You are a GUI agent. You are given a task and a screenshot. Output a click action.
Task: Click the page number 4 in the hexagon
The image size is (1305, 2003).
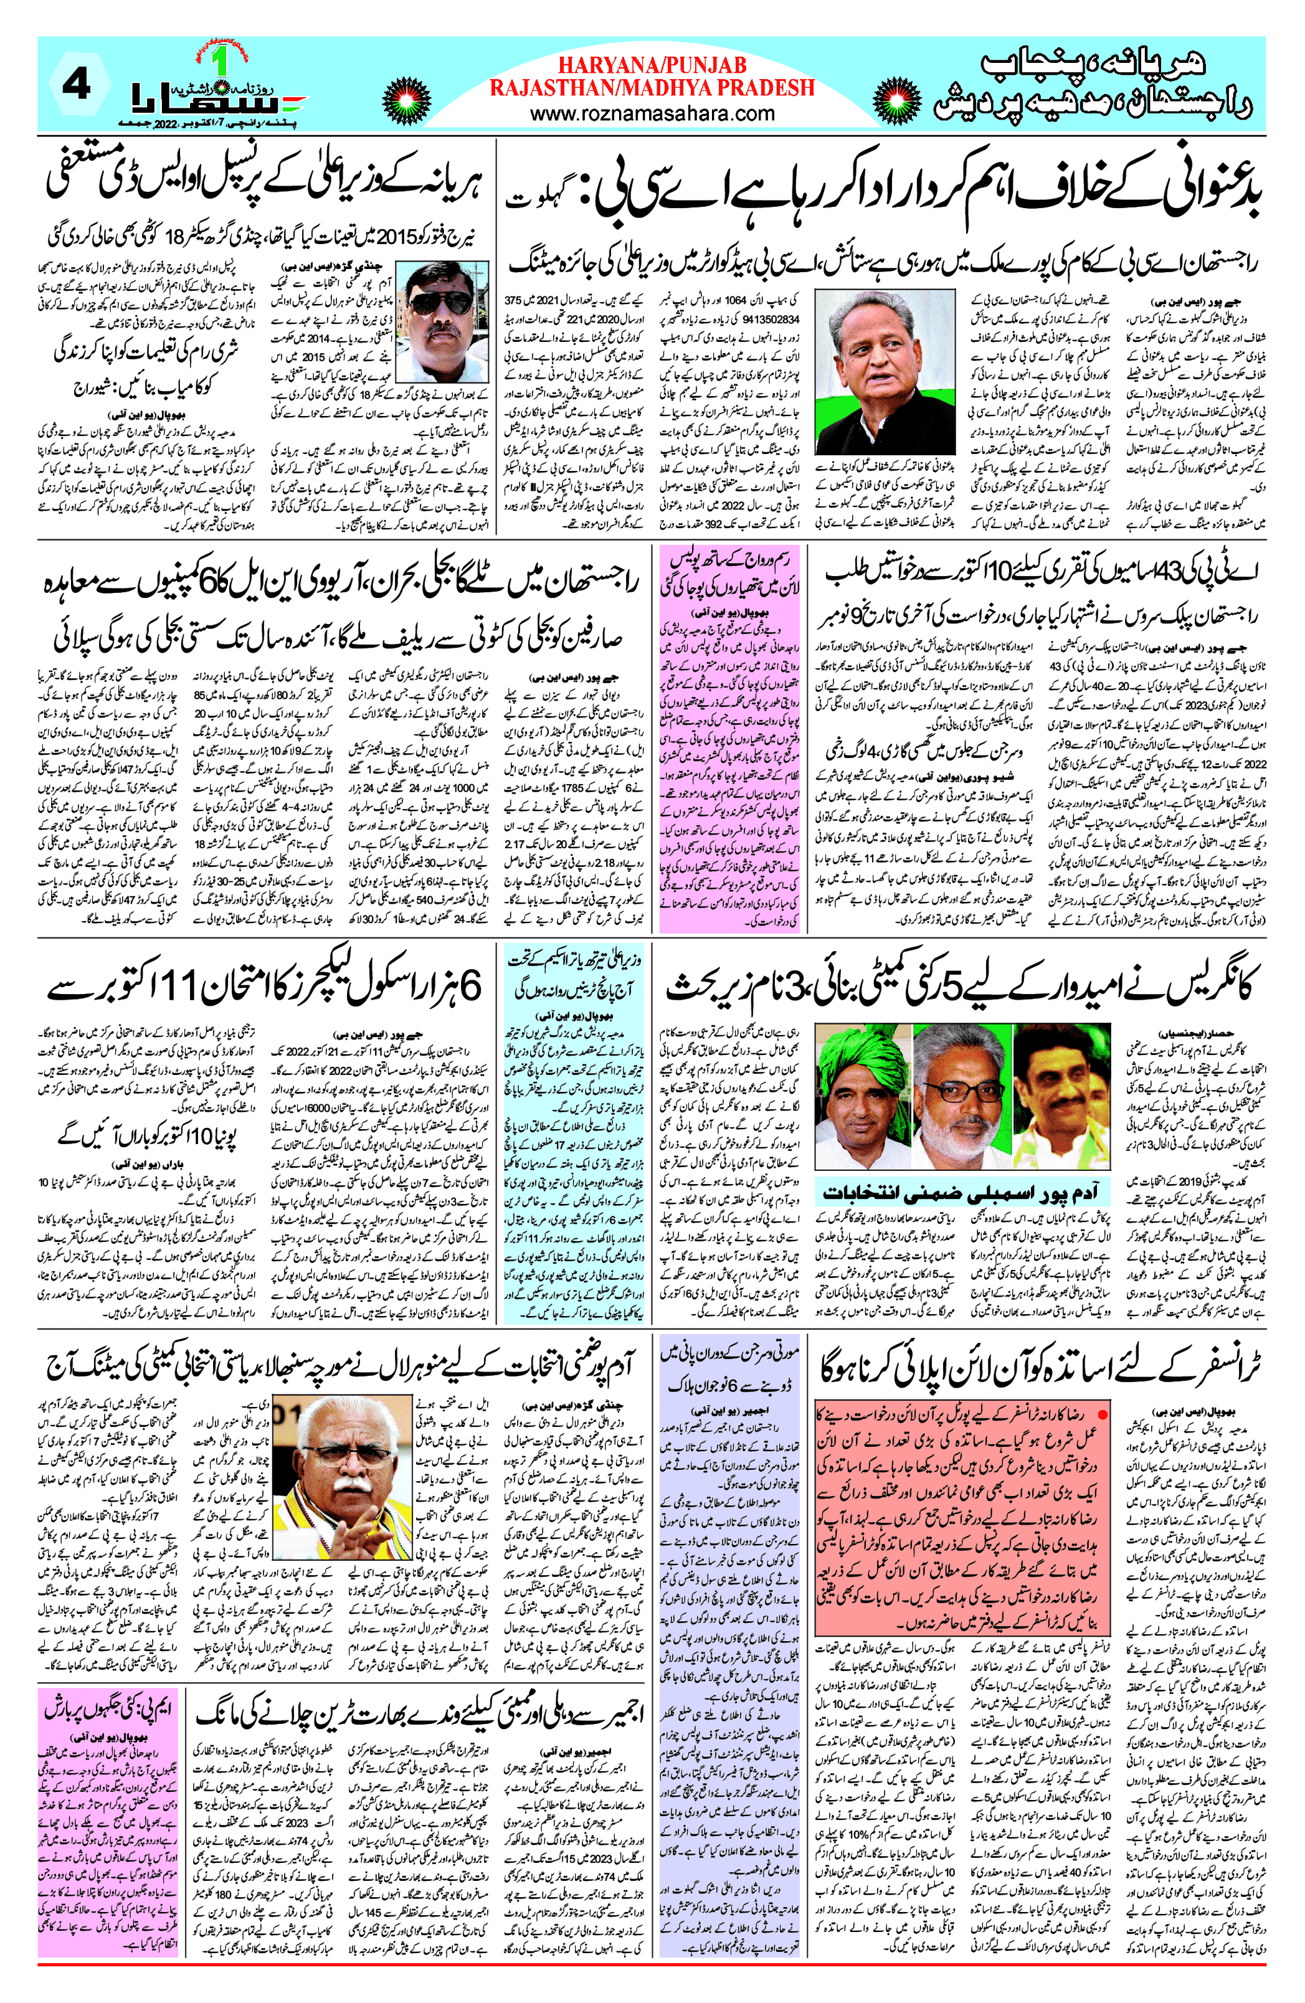tap(77, 84)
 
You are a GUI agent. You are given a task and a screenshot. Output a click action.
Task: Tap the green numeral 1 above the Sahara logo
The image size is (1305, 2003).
tap(220, 63)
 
